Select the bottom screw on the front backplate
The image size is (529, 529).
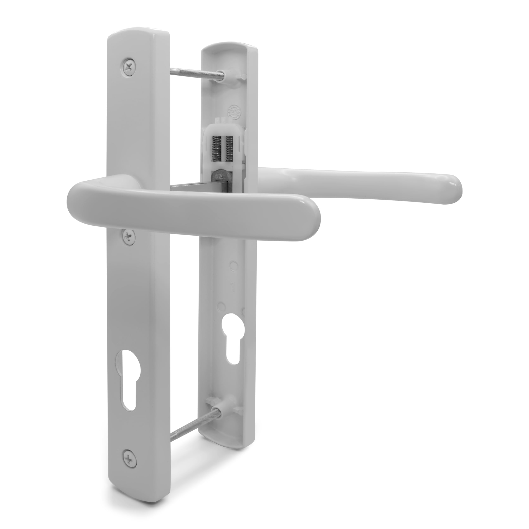(127, 456)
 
